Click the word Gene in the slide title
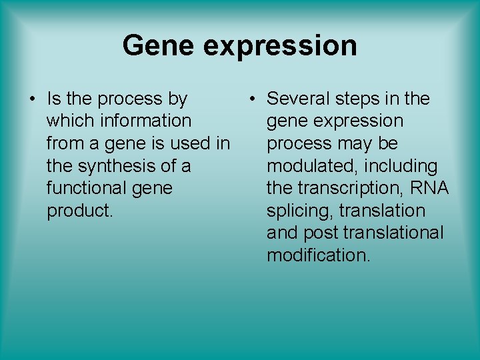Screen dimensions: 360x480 156,46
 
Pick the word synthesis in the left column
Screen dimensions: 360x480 115,166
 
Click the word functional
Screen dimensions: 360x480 87,188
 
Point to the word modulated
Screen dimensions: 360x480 311,166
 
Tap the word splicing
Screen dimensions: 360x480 300,211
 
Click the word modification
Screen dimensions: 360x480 318,255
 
